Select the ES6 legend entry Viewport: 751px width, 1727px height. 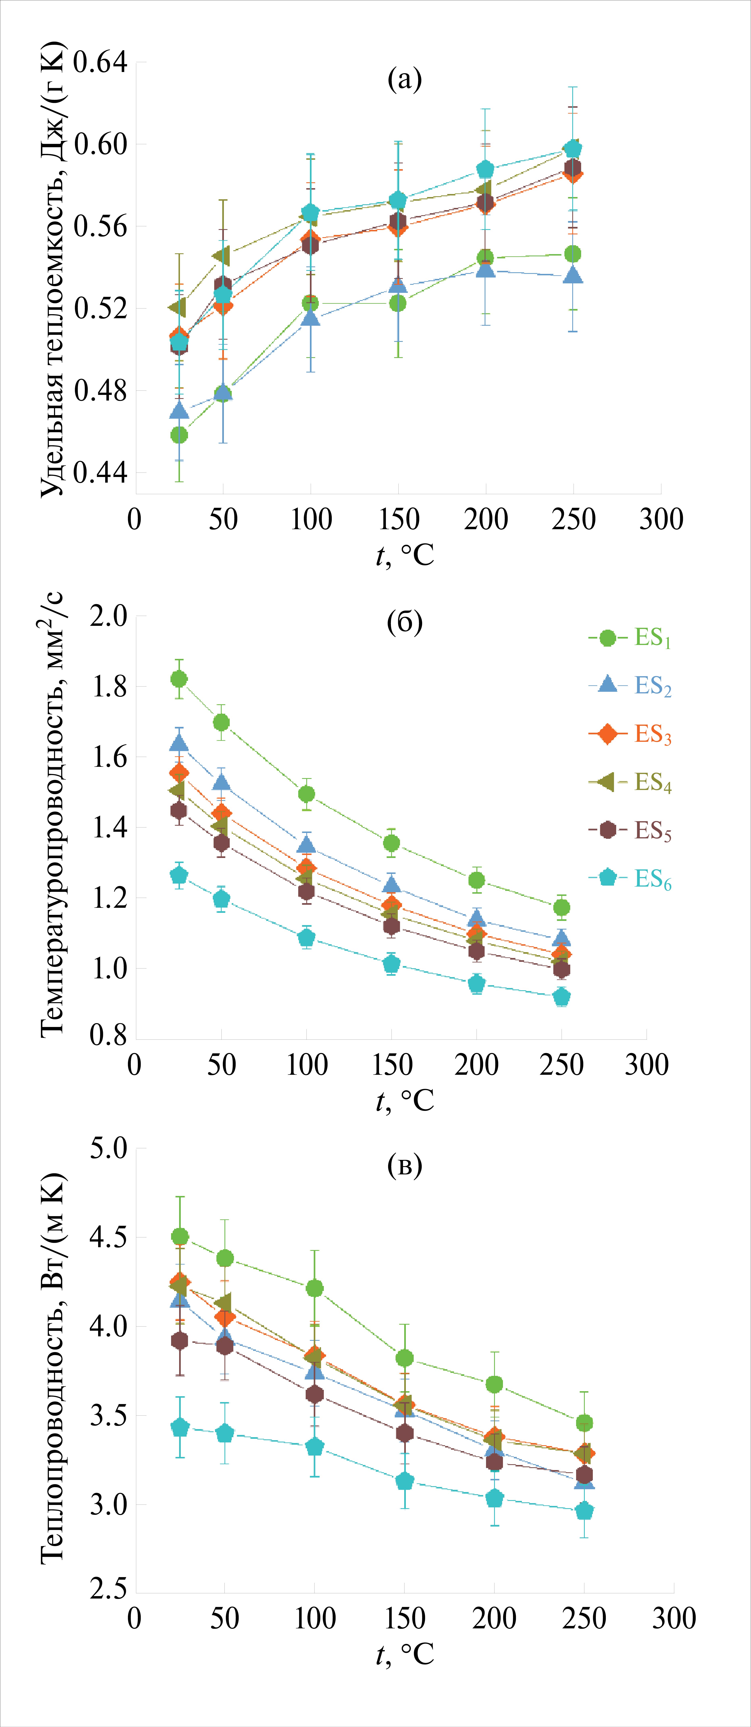(x=630, y=878)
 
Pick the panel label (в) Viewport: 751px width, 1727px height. (x=405, y=1165)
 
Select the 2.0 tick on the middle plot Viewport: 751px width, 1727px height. (x=109, y=616)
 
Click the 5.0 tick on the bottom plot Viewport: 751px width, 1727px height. (x=109, y=1148)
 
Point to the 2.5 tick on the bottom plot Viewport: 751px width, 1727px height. (x=109, y=1589)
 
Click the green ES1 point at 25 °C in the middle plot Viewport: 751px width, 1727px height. (x=179, y=679)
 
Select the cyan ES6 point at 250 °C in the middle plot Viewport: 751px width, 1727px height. (x=561, y=997)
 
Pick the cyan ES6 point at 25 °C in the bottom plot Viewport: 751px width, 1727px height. (x=180, y=1428)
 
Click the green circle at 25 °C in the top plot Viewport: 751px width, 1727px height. (x=179, y=435)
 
